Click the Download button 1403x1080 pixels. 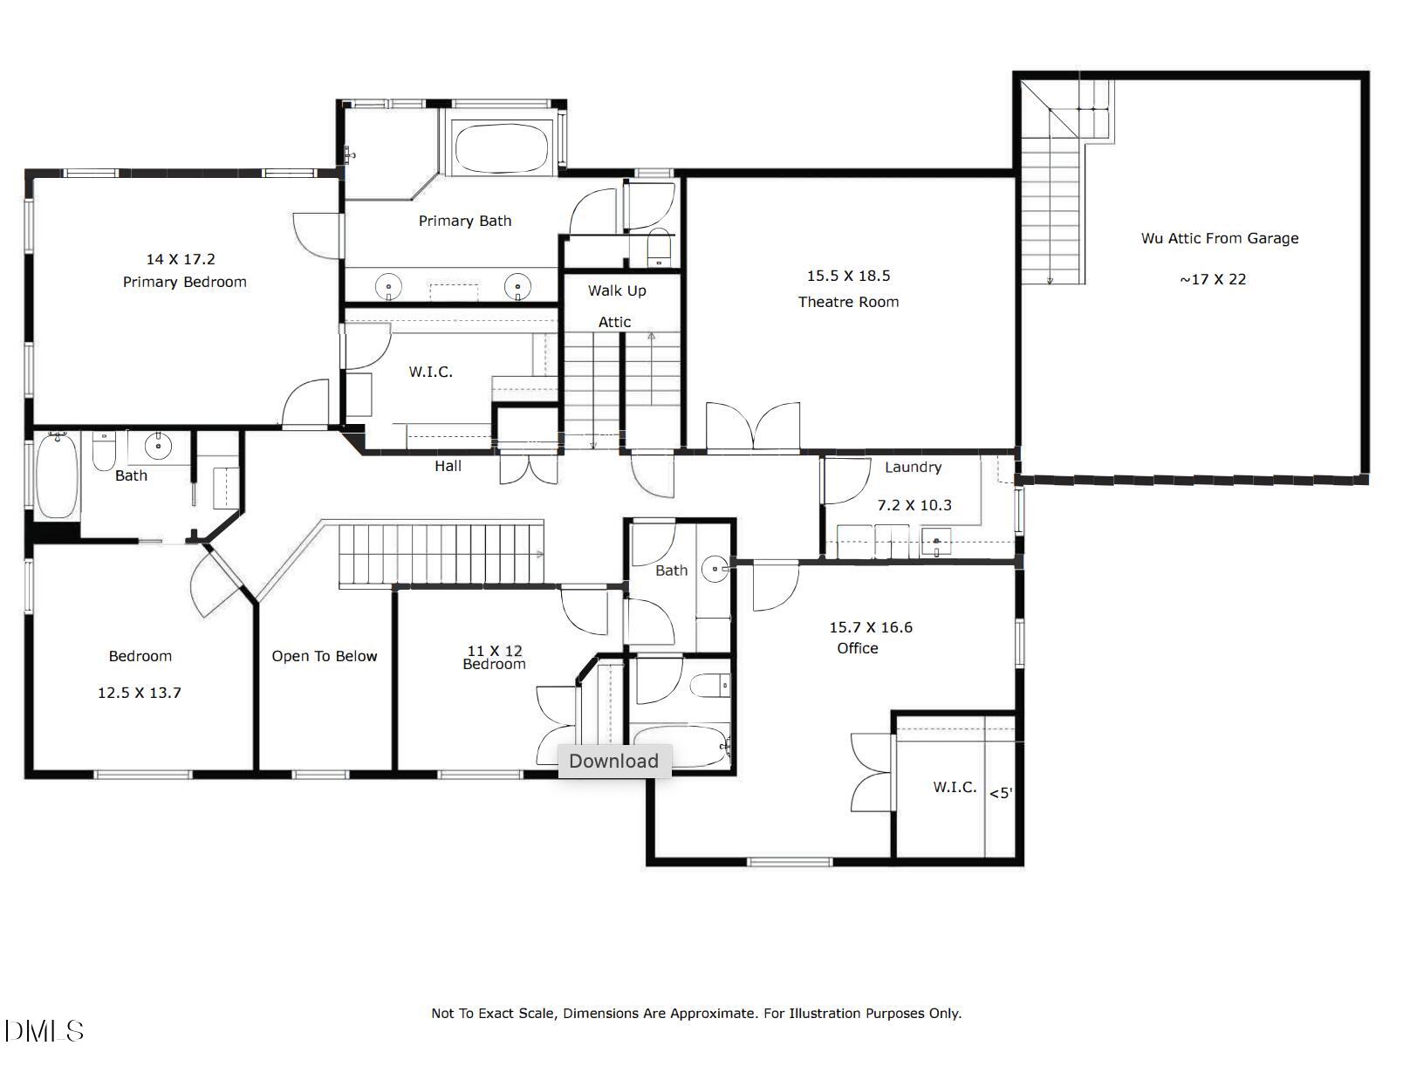tap(613, 761)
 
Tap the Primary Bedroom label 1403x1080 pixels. tap(184, 282)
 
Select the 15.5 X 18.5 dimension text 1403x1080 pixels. tap(848, 276)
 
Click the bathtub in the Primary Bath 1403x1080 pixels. tap(503, 147)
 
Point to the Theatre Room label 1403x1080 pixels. tap(848, 302)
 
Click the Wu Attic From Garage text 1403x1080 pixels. tap(1219, 238)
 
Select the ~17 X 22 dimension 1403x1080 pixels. tap(1213, 279)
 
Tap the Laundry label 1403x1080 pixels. tap(913, 467)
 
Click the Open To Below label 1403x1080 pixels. tap(324, 656)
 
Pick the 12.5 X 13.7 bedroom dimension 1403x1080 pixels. tap(140, 693)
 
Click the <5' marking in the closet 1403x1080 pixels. tap(1001, 793)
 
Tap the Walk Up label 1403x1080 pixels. tap(617, 291)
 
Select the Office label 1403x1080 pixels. tap(857, 648)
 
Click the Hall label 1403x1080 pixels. tap(448, 466)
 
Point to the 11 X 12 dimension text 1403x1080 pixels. tap(495, 650)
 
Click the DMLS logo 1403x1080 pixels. tap(44, 1031)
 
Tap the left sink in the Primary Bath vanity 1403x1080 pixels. tap(388, 285)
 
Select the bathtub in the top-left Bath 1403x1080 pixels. tap(56, 476)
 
